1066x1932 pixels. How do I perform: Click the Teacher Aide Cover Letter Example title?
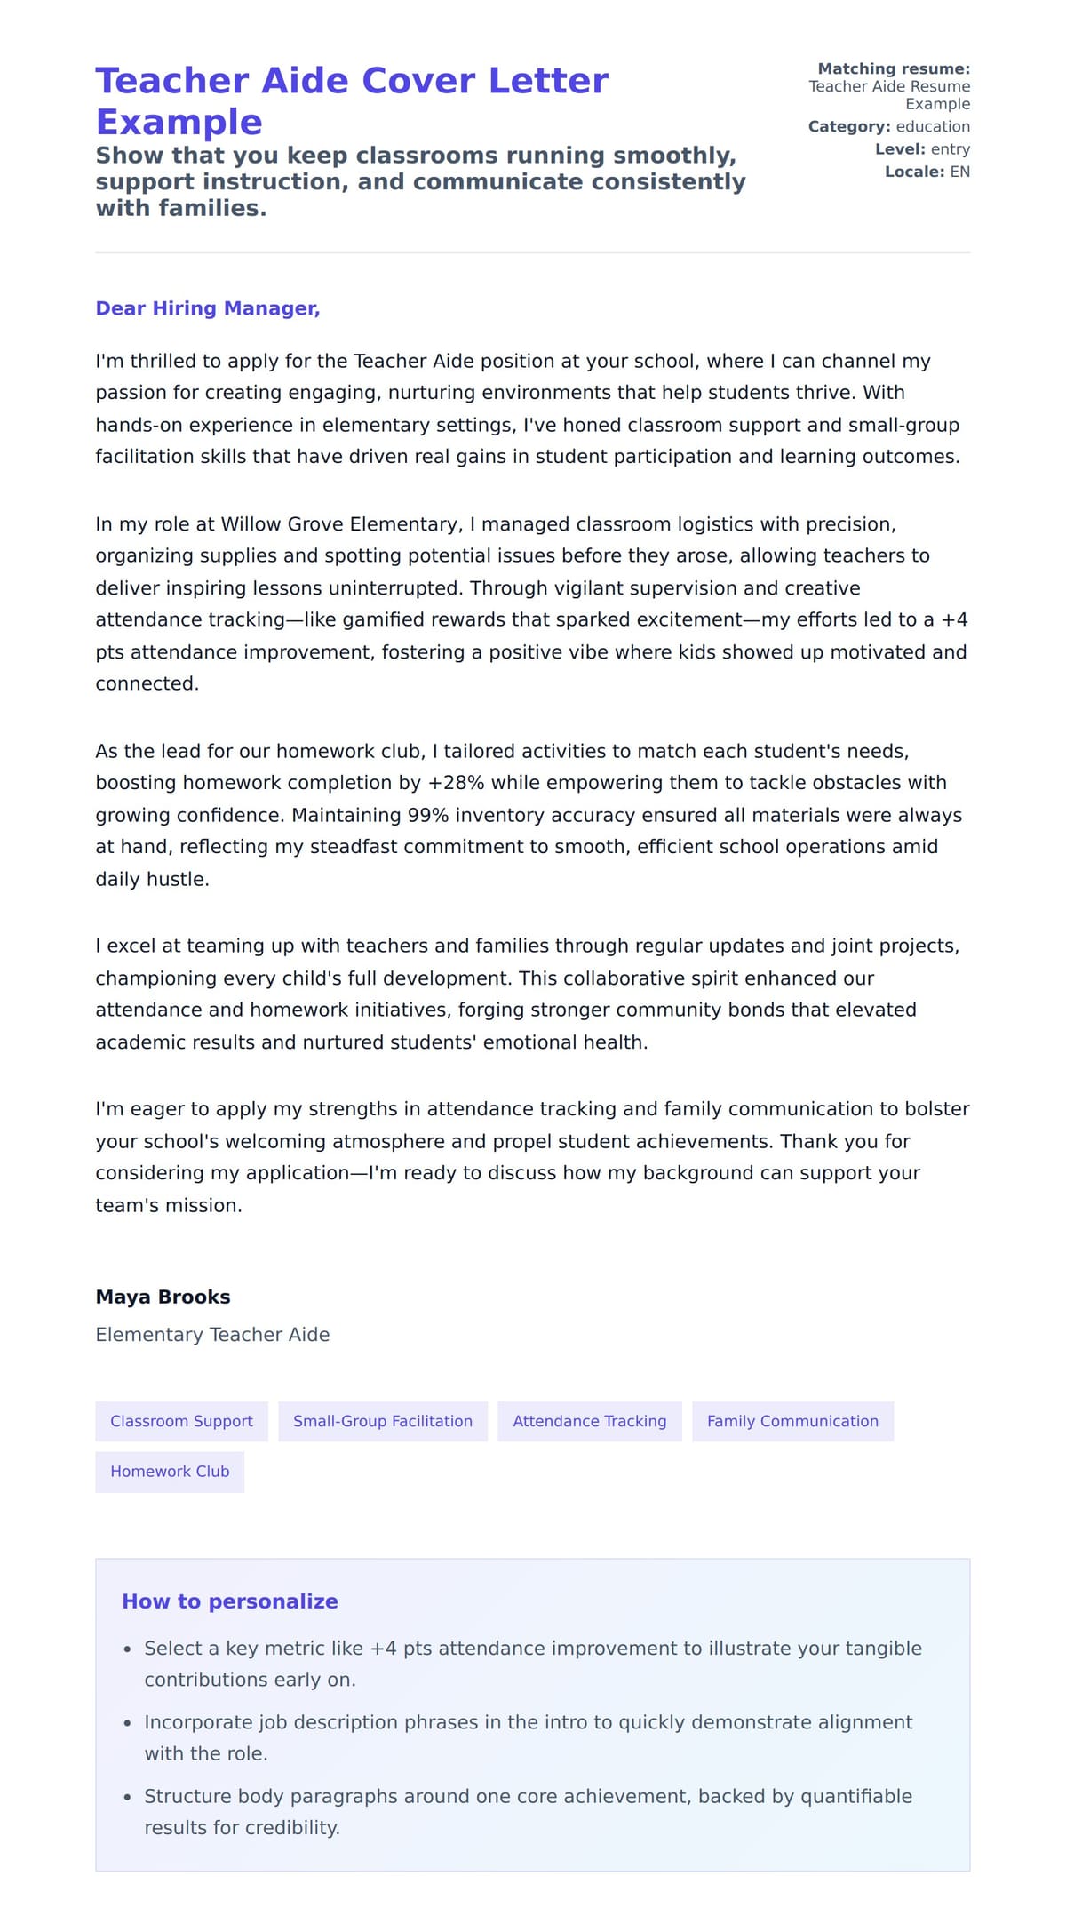pos(352,100)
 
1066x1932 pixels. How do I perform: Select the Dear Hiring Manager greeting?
pos(208,308)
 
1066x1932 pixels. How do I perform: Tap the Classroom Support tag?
pos(181,1421)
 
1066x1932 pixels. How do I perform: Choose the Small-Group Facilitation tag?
pos(383,1421)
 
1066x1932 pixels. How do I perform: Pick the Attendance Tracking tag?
pos(589,1421)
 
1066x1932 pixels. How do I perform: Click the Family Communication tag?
pos(792,1421)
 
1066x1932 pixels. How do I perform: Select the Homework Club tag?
pos(170,1472)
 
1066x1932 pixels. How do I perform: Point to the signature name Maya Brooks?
pos(163,1297)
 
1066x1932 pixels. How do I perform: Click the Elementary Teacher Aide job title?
pos(212,1335)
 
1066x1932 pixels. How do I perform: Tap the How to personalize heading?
pos(230,1601)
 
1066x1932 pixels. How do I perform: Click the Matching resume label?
pos(894,68)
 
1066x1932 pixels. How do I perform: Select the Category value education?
pos(933,126)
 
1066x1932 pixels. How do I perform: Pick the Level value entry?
pos(950,149)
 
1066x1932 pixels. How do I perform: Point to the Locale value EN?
pos(959,172)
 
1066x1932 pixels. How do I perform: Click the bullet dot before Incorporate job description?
pos(128,1723)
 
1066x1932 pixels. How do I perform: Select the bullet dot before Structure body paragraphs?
pos(128,1797)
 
